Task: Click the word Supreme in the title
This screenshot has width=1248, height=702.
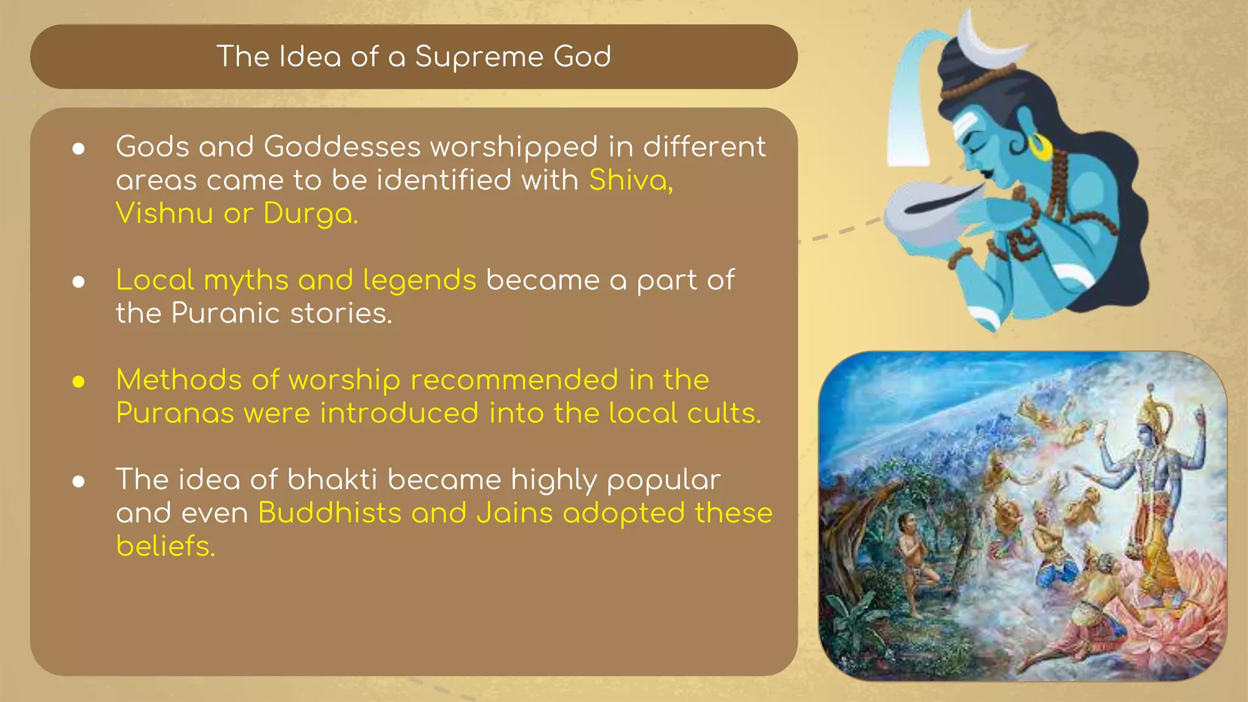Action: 479,57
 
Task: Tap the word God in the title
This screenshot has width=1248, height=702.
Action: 582,57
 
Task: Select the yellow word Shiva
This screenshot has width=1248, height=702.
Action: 630,180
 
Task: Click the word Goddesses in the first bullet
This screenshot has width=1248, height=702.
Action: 342,147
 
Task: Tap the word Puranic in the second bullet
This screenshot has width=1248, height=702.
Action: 225,313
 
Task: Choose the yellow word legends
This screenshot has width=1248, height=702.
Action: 419,281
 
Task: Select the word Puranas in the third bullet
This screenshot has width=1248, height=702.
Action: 175,413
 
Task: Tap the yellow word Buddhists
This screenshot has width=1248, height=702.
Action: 329,512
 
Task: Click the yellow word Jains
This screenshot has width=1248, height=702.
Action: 514,512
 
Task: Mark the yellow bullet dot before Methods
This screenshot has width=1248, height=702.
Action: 79,382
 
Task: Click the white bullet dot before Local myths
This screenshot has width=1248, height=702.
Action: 79,282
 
